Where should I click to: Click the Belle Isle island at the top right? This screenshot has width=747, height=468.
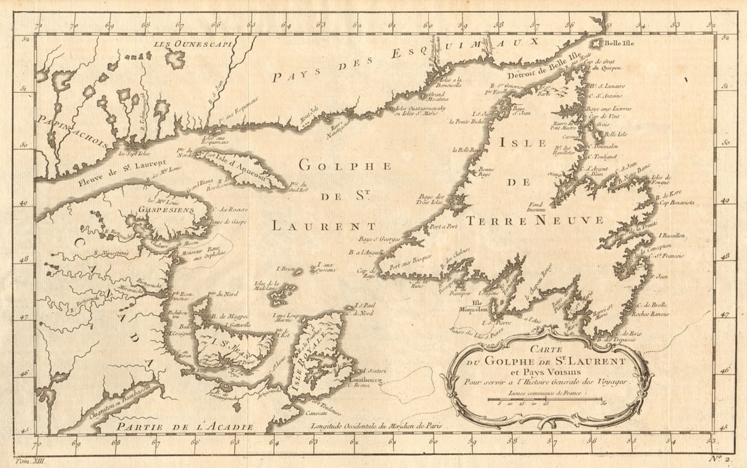[x=596, y=43]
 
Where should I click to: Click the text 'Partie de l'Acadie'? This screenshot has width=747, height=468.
[x=185, y=426]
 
